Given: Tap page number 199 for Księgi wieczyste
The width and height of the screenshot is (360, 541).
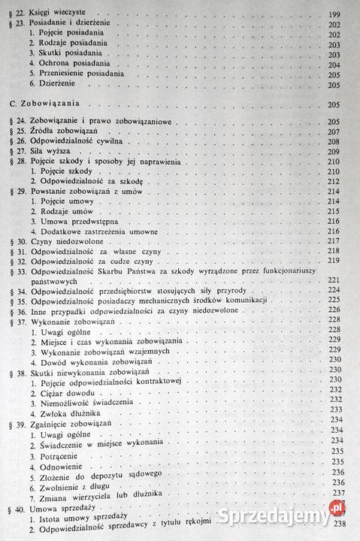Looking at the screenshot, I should click(x=336, y=14).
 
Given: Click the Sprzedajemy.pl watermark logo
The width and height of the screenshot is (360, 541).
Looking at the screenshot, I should click(x=289, y=518).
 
